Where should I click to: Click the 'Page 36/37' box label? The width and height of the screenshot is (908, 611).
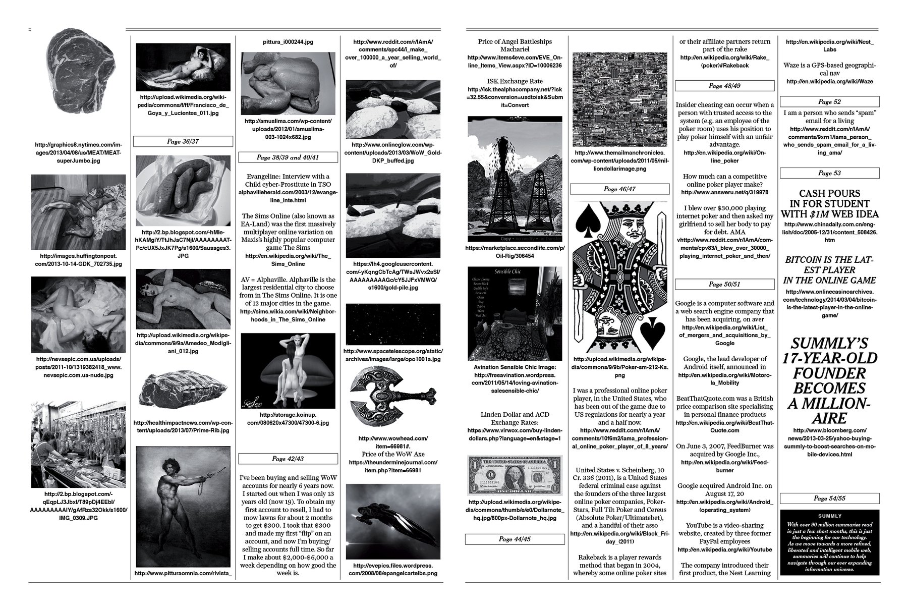(183, 141)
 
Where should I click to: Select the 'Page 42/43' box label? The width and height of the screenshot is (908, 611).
(288, 459)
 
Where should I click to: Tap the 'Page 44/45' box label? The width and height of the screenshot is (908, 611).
(515, 539)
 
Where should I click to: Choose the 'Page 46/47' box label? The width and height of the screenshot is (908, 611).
(619, 189)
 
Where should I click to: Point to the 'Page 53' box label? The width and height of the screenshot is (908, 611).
(829, 173)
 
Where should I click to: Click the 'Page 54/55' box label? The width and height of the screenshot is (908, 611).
(829, 498)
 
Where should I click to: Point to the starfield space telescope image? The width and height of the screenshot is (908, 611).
(392, 324)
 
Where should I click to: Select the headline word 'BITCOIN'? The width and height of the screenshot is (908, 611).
(805, 260)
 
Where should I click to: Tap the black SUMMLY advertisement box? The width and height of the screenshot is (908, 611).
(829, 542)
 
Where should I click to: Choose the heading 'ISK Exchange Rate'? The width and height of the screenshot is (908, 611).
(515, 81)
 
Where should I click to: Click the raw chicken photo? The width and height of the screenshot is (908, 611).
(288, 83)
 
